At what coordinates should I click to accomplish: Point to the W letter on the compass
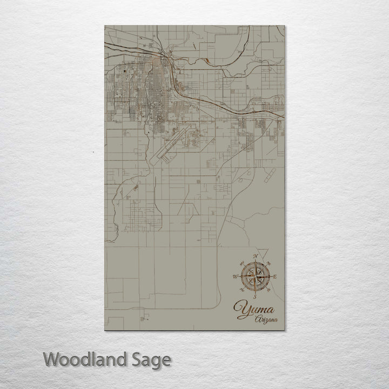pos(234,277)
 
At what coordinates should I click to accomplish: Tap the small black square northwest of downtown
pos(125,70)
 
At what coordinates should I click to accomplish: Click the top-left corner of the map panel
pos(104,26)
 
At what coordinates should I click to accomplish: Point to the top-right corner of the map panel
pos(284,26)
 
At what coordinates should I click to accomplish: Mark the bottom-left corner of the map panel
pos(104,331)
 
